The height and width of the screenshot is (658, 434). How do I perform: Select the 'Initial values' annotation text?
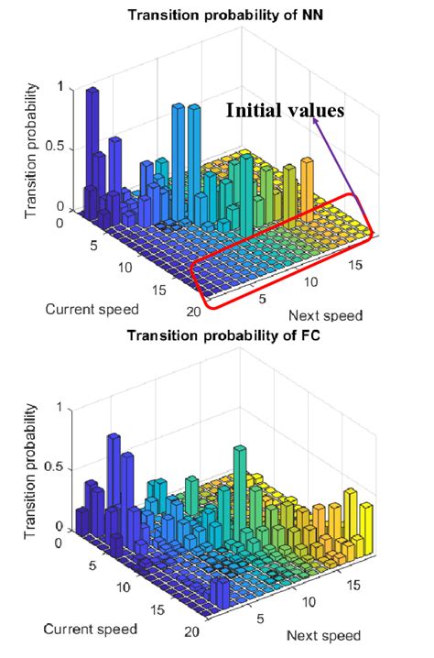click(x=286, y=110)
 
